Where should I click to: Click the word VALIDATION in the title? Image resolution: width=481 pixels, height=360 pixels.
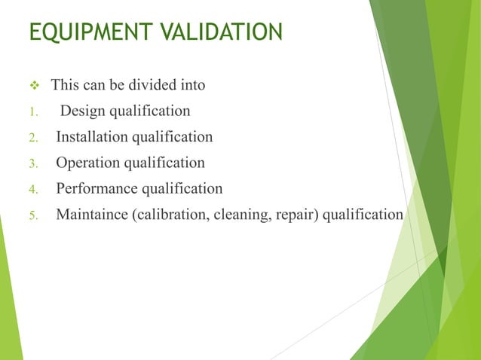point(224,32)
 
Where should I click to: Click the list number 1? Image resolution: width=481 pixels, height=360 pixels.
point(32,112)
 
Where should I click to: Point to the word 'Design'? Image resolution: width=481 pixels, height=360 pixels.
point(83,111)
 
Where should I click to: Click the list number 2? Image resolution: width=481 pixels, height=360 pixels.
point(32,138)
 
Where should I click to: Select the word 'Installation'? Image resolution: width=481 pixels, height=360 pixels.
point(93,137)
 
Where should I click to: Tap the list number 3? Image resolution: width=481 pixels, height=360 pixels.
point(32,163)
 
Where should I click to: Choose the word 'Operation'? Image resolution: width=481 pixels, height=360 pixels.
point(87,163)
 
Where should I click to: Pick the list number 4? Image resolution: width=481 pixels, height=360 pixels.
point(32,189)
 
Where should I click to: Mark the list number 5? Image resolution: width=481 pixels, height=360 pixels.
point(32,215)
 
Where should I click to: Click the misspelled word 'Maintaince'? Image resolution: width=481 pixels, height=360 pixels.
point(92,215)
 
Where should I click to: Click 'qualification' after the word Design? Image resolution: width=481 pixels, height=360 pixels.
point(150,111)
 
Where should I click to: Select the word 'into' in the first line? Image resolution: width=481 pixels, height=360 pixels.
point(191,85)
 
